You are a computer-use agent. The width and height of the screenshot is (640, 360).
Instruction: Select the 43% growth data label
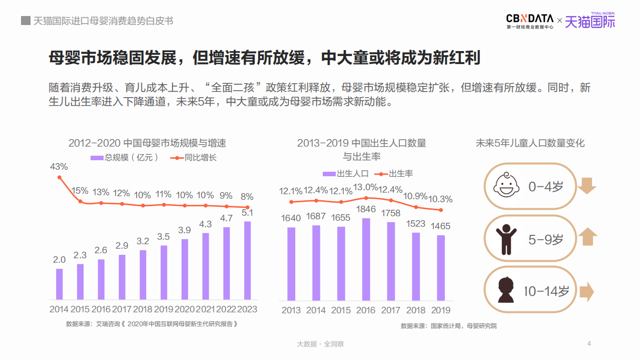[59, 166]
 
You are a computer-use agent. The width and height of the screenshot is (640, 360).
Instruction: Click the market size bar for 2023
[247, 260]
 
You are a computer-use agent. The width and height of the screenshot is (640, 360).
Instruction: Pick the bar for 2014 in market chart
[60, 284]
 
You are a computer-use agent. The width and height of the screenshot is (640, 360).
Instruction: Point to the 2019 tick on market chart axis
[164, 309]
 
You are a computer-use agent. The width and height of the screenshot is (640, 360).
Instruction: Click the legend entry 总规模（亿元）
[125, 157]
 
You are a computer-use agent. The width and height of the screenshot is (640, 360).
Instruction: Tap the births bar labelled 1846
[366, 259]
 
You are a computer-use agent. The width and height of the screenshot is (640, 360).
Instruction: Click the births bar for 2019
[440, 267]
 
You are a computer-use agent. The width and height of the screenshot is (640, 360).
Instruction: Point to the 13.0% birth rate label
[366, 187]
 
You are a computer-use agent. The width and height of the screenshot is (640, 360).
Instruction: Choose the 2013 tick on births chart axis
[291, 310]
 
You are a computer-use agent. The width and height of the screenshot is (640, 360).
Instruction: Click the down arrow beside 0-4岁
[586, 186]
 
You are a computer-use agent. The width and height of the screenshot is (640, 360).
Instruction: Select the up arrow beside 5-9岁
[586, 237]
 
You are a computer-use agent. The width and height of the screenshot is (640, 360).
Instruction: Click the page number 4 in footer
[589, 343]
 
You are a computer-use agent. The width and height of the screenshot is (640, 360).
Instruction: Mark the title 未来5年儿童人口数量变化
[530, 143]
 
